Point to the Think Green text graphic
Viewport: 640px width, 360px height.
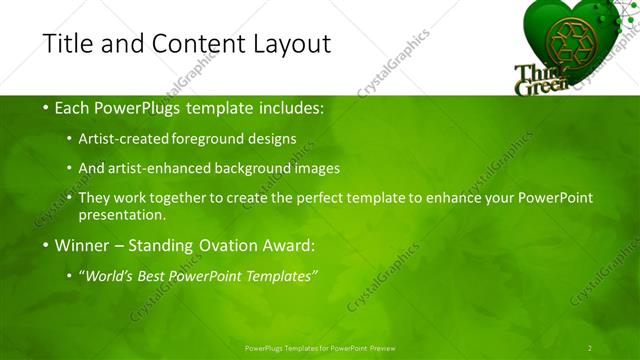pyautogui.click(x=539, y=80)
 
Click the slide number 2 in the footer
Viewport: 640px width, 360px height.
pyautogui.click(x=590, y=347)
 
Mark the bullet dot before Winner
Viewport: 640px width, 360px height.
pyautogui.click(x=47, y=244)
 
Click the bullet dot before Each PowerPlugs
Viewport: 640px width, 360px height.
pyautogui.click(x=47, y=107)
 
